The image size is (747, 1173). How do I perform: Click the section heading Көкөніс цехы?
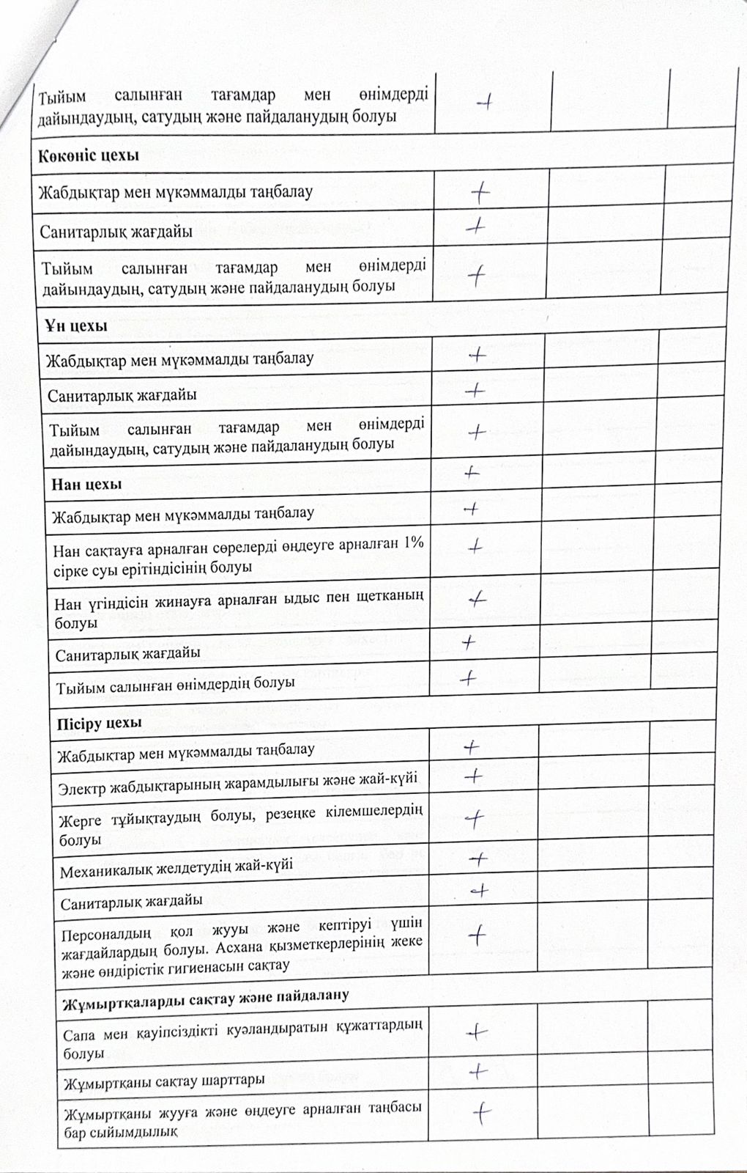point(89,155)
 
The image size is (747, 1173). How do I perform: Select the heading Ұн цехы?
point(75,325)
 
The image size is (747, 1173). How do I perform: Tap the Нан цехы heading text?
point(86,484)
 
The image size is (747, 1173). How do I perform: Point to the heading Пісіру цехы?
point(99,722)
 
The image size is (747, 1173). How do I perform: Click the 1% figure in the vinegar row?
point(413,544)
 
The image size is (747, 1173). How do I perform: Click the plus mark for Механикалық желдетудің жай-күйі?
point(477,858)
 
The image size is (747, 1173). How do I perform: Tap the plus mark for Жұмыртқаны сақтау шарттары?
point(478,1072)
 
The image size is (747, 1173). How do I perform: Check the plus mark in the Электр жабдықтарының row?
point(474,775)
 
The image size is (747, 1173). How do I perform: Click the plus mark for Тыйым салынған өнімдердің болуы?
point(467,678)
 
